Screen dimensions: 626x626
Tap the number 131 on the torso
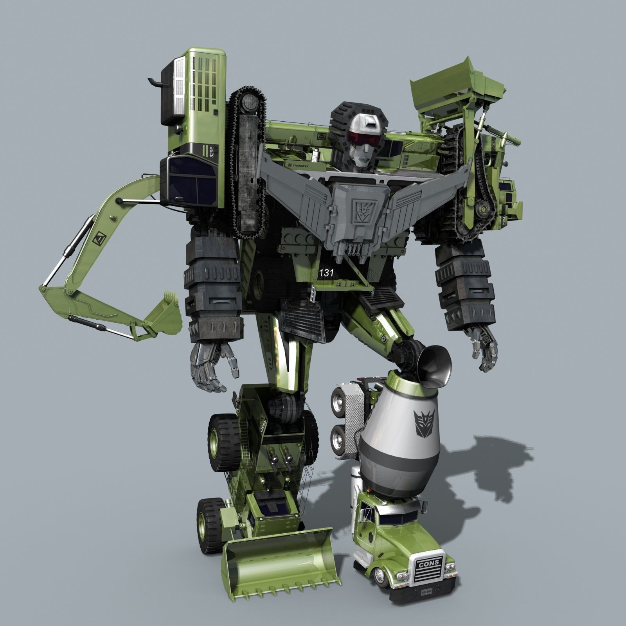(x=326, y=273)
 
